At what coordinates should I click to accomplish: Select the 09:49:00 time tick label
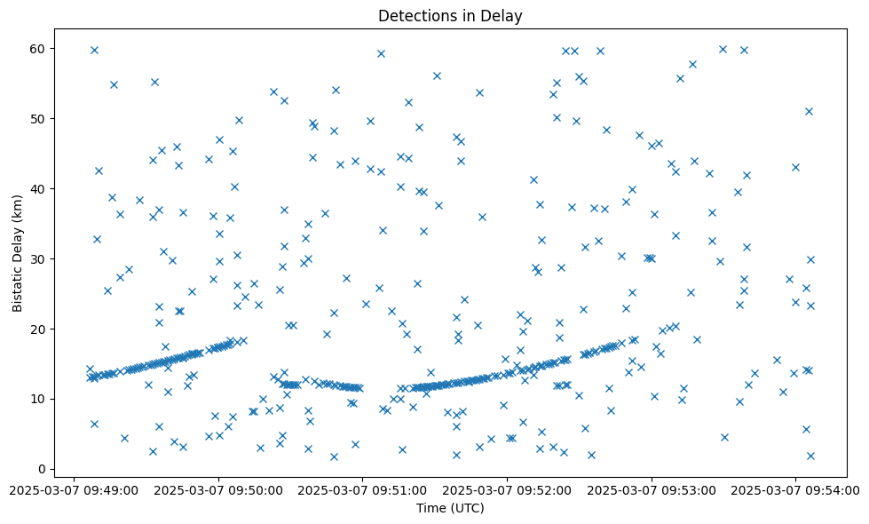click(74, 489)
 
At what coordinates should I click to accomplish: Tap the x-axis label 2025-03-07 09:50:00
click(218, 489)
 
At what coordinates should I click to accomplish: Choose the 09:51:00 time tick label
click(362, 489)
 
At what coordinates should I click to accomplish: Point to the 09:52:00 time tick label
click(507, 489)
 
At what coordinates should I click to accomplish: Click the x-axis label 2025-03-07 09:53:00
click(651, 489)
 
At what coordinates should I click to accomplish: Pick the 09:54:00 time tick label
click(795, 489)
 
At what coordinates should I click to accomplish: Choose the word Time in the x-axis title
click(431, 508)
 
